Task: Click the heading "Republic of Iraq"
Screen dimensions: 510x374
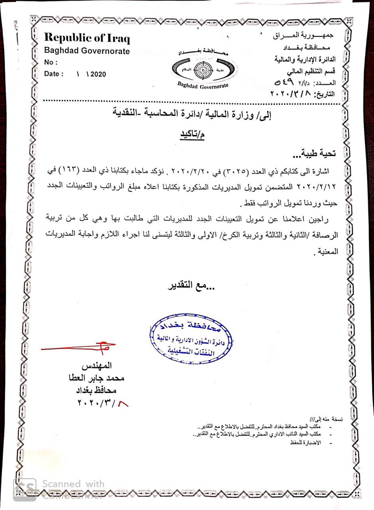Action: pyautogui.click(x=87, y=38)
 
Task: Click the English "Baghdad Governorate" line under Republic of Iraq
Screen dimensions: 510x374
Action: pyautogui.click(x=87, y=51)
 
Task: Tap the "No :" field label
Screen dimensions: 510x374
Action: pyautogui.click(x=51, y=63)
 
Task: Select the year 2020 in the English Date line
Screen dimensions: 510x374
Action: pyautogui.click(x=98, y=74)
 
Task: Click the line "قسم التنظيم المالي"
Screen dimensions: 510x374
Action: pyautogui.click(x=311, y=72)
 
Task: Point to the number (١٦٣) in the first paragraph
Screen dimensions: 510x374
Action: pyautogui.click(x=312, y=171)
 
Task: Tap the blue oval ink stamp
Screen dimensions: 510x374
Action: pyautogui.click(x=191, y=339)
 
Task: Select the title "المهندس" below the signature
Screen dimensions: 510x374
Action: pyautogui.click(x=96, y=366)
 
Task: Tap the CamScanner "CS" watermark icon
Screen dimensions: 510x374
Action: pyautogui.click(x=25, y=489)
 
